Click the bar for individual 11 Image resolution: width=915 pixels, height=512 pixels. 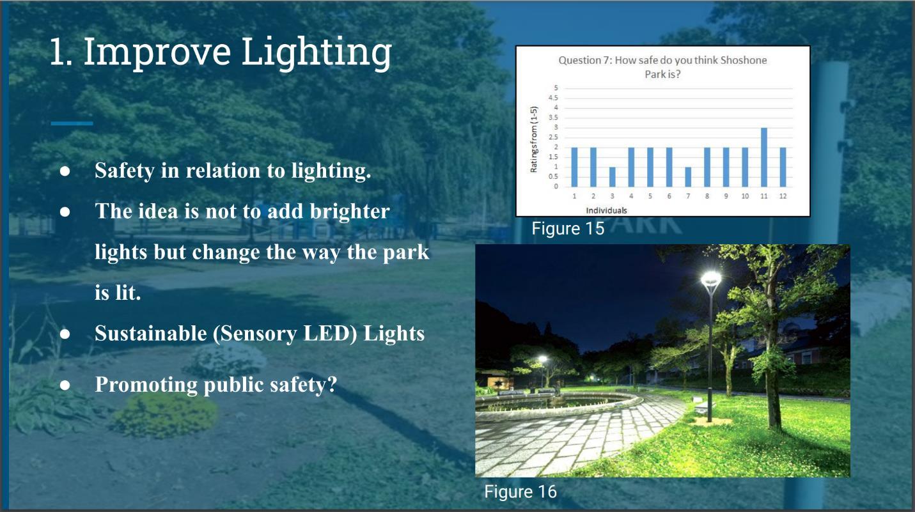point(764,157)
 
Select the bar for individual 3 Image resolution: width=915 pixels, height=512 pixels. point(613,177)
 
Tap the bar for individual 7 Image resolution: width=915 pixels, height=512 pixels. point(688,177)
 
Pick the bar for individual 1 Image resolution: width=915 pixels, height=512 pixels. point(574,167)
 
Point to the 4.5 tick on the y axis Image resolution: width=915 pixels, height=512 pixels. point(552,98)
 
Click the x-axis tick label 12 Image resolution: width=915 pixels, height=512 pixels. point(783,196)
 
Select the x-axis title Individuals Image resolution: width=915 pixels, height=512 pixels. point(606,211)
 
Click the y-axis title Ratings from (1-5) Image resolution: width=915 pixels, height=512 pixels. point(534,139)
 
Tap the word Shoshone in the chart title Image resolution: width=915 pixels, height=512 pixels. point(744,61)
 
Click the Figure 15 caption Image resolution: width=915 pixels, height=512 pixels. point(568,229)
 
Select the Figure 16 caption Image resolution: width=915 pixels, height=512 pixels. point(520,492)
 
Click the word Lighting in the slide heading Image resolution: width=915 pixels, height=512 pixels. point(317,53)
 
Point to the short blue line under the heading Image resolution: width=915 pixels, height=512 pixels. point(72,123)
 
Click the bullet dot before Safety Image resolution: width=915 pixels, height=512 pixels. point(65,171)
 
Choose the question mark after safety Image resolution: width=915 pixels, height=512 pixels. point(332,384)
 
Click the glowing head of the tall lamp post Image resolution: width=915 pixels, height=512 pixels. point(711,279)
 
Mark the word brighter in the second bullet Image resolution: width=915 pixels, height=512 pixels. point(350,212)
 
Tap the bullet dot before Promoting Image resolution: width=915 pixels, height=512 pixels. point(65,385)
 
